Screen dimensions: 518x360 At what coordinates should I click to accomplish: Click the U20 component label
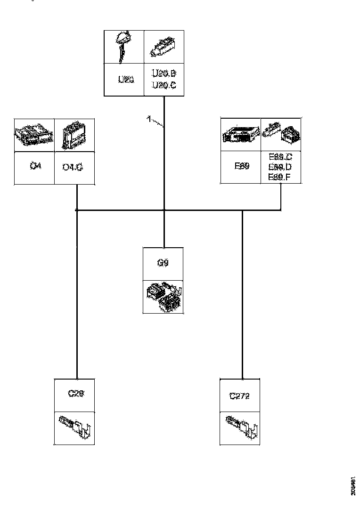click(x=126, y=80)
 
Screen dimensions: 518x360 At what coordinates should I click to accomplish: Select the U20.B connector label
click(x=164, y=74)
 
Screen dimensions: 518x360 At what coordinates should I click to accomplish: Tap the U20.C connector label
click(x=164, y=85)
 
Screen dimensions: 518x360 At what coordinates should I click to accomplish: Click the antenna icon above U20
click(x=123, y=46)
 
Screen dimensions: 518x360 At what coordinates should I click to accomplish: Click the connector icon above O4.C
click(x=74, y=135)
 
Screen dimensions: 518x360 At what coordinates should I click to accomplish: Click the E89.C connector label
click(x=280, y=157)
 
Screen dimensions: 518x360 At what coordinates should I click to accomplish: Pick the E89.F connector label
click(x=280, y=177)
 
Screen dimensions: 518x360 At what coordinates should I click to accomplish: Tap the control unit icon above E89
click(x=241, y=135)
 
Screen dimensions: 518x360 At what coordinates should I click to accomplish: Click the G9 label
click(x=163, y=263)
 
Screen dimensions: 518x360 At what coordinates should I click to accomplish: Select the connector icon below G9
click(x=163, y=297)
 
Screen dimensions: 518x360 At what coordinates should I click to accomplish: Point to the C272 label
click(x=240, y=396)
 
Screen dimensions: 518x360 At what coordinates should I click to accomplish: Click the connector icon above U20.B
click(x=163, y=46)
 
